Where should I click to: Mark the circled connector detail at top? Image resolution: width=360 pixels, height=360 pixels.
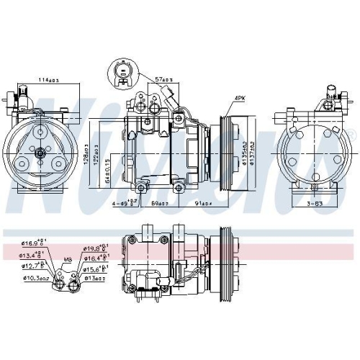pyautogui.click(x=123, y=74)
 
